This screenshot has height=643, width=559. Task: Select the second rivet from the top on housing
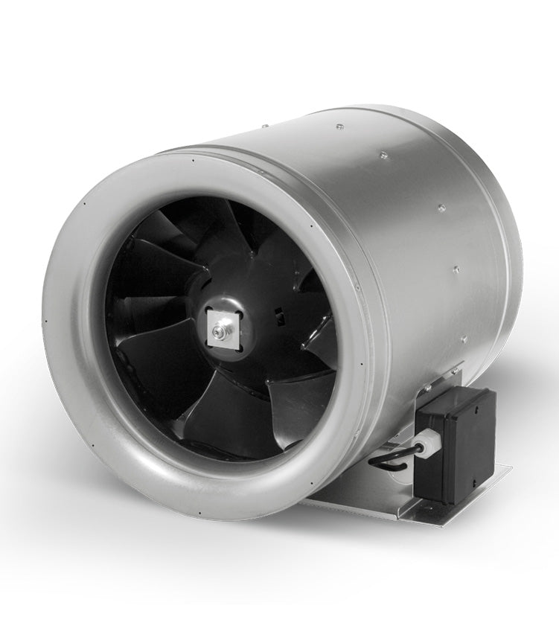point(383,156)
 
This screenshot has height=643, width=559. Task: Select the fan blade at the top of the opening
point(216,231)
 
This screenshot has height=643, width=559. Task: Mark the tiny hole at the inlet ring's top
point(191,159)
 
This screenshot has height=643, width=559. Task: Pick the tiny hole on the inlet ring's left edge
point(47,321)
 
